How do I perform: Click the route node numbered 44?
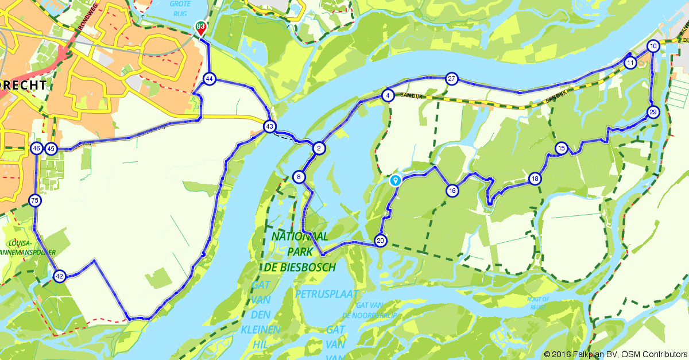pos(209,79)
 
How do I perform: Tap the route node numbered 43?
pos(269,126)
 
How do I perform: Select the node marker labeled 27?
pos(452,79)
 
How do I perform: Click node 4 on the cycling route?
pos(389,95)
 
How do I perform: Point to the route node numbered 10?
pos(653,46)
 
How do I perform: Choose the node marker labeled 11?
pos(630,63)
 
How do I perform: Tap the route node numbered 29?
pos(653,112)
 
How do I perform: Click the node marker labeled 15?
pos(562,149)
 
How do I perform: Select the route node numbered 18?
pos(535,179)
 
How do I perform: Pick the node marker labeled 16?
pos(452,191)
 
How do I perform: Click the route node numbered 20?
pos(380,241)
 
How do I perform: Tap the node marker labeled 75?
pos(35,200)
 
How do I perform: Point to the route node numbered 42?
pos(59,276)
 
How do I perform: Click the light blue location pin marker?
pos(395,180)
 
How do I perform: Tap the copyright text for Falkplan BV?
pos(615,354)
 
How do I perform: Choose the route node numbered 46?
pos(37,149)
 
